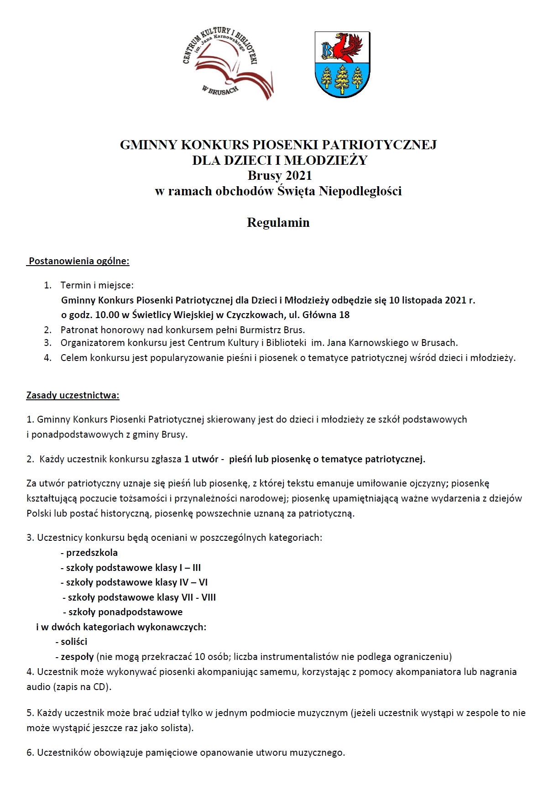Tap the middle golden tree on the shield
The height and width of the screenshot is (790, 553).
point(342,79)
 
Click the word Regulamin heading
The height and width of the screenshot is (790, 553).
point(278,223)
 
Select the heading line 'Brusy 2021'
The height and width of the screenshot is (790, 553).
point(280,175)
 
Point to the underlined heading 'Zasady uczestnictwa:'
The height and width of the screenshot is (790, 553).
point(73,395)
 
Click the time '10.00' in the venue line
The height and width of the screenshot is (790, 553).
point(106,315)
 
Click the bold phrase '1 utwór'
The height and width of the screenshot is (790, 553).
point(201,459)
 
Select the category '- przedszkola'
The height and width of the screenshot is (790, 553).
point(89,553)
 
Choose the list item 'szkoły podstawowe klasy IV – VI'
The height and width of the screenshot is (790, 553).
point(136,582)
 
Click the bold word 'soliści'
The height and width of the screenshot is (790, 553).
point(74,642)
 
